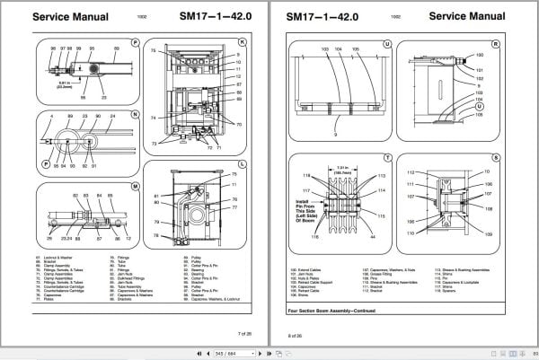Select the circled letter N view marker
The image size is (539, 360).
coord(135,115)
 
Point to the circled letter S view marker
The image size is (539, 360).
coord(495,156)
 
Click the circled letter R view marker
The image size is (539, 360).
coord(495,42)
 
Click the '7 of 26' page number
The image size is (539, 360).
coord(245,308)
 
